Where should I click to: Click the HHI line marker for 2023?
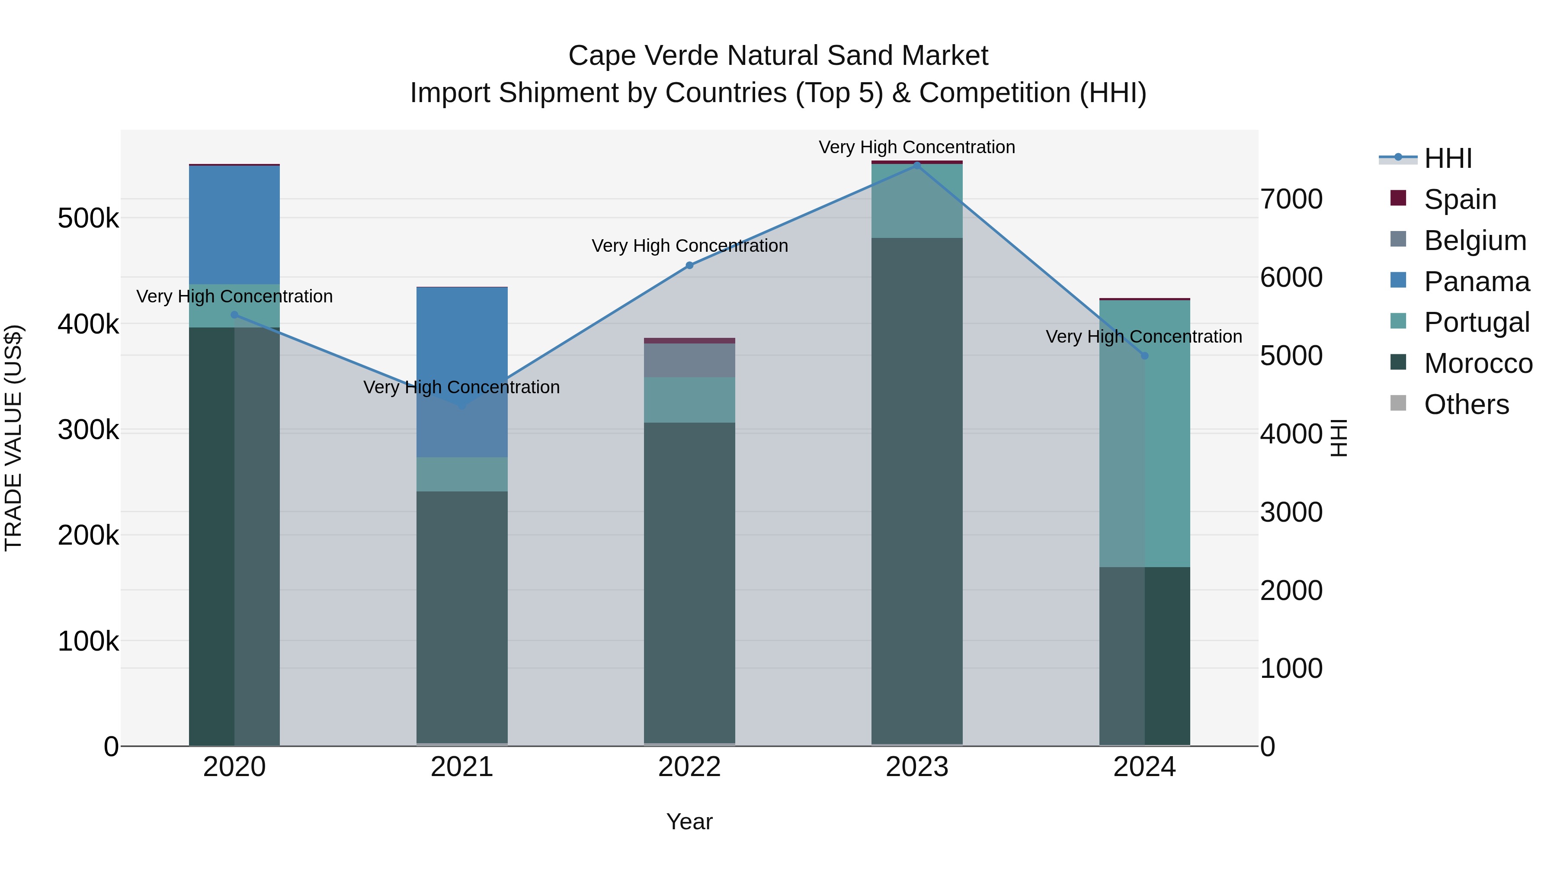(917, 165)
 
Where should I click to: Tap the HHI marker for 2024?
(1144, 356)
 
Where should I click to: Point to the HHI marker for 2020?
(234, 315)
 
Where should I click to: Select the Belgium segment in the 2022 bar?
(690, 360)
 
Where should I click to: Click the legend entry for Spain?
(1459, 199)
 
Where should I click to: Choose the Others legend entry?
(1466, 404)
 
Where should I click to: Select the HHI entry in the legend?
(1447, 158)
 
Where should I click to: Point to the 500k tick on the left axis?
(88, 218)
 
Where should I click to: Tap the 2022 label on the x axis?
(690, 767)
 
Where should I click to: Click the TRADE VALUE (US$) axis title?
(13, 438)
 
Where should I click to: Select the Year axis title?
(690, 821)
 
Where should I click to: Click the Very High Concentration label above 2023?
(917, 147)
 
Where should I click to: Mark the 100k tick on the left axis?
(88, 641)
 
